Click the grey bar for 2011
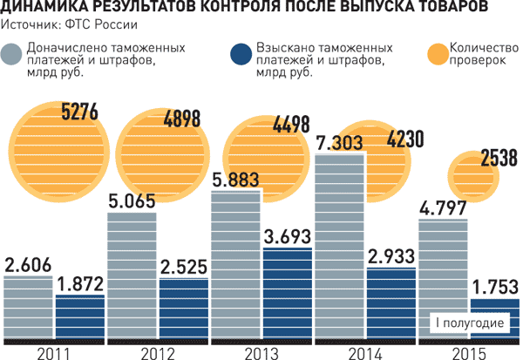click(x=28, y=310)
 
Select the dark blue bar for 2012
click(x=184, y=310)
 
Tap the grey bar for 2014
click(x=339, y=253)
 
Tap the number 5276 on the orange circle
click(x=79, y=112)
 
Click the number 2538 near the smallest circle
click(x=499, y=160)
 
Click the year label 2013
click(x=261, y=352)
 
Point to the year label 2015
click(x=469, y=352)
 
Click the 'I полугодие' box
click(x=471, y=323)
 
